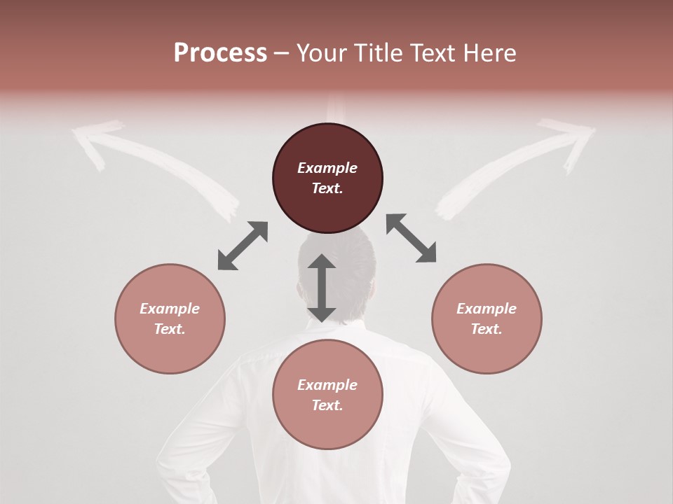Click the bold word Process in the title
click(x=220, y=53)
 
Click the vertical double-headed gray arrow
click(x=322, y=288)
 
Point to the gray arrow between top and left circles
click(x=243, y=246)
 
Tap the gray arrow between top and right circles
click(x=412, y=238)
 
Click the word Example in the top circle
click(x=327, y=168)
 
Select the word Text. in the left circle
click(x=170, y=329)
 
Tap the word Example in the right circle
click(x=487, y=309)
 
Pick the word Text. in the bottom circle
click(x=327, y=405)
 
